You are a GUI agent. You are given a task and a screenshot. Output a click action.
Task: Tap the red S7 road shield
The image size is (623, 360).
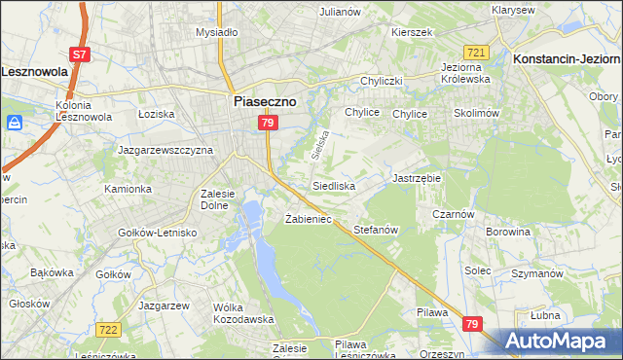(x=80, y=54)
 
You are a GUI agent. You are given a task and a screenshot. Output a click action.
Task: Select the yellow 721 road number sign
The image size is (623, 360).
(x=476, y=52)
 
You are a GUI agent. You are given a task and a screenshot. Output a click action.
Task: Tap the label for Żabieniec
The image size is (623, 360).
(x=309, y=219)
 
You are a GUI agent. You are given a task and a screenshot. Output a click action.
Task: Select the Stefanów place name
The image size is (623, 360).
(x=377, y=231)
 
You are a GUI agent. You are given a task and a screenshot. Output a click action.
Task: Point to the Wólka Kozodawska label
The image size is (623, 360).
(x=239, y=313)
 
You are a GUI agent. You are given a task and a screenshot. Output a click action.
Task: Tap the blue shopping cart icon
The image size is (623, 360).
(x=15, y=124)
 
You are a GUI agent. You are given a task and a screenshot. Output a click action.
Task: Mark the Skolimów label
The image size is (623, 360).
(x=476, y=113)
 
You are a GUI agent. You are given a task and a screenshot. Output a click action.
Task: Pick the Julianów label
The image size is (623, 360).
(x=341, y=12)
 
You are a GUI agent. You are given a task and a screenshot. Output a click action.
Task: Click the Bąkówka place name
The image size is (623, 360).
(x=53, y=272)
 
